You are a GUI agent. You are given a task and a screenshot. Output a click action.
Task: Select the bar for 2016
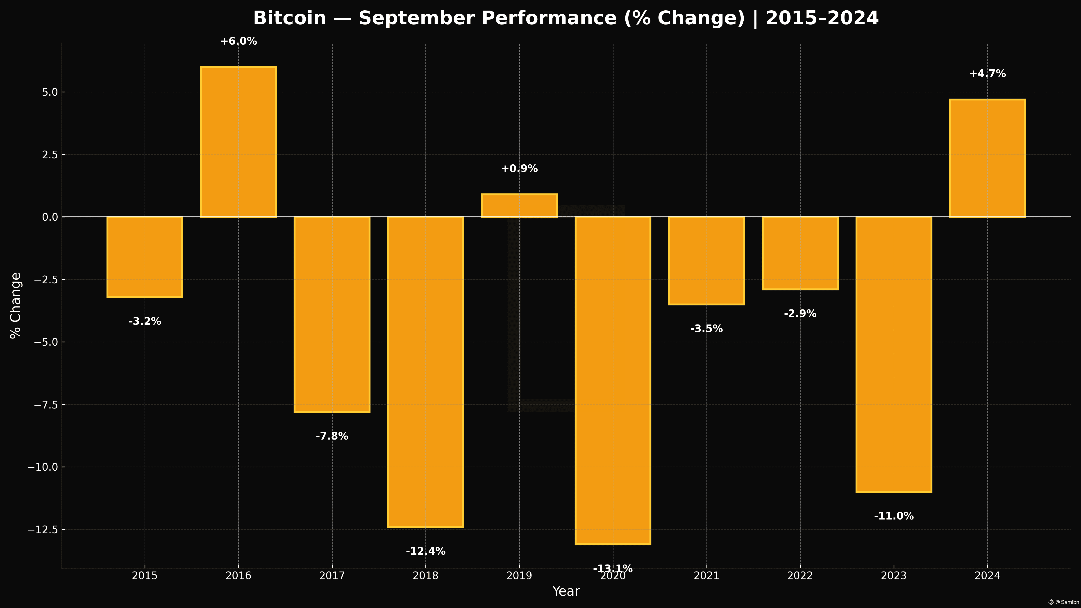(238, 142)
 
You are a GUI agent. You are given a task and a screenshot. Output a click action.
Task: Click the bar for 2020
(613, 380)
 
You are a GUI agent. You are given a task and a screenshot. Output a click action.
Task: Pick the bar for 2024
(987, 158)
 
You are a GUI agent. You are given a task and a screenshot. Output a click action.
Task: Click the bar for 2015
(145, 257)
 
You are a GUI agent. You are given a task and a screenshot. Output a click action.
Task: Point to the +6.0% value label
(238, 41)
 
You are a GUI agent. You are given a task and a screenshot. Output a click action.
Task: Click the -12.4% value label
(425, 551)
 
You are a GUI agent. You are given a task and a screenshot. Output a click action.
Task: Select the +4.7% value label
(987, 74)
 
